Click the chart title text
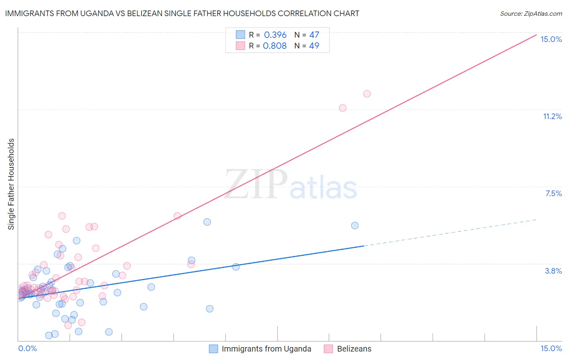coord(182,13)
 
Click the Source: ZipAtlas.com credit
coord(531,13)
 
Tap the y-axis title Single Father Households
coord(11,184)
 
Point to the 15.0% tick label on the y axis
coord(551,39)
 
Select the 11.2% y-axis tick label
coord(552,116)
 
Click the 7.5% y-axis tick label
coord(553,193)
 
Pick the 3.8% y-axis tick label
coord(553,271)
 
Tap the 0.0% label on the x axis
coord(28,348)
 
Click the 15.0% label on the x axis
coord(551,348)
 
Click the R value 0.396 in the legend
coord(275,35)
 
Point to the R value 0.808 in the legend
coord(275,46)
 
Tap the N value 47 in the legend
coord(314,35)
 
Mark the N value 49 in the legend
coord(314,46)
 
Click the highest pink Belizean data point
coord(367,94)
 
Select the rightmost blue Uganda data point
coord(355,225)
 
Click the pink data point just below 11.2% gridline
coord(343,108)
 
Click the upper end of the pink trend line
coord(535,36)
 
